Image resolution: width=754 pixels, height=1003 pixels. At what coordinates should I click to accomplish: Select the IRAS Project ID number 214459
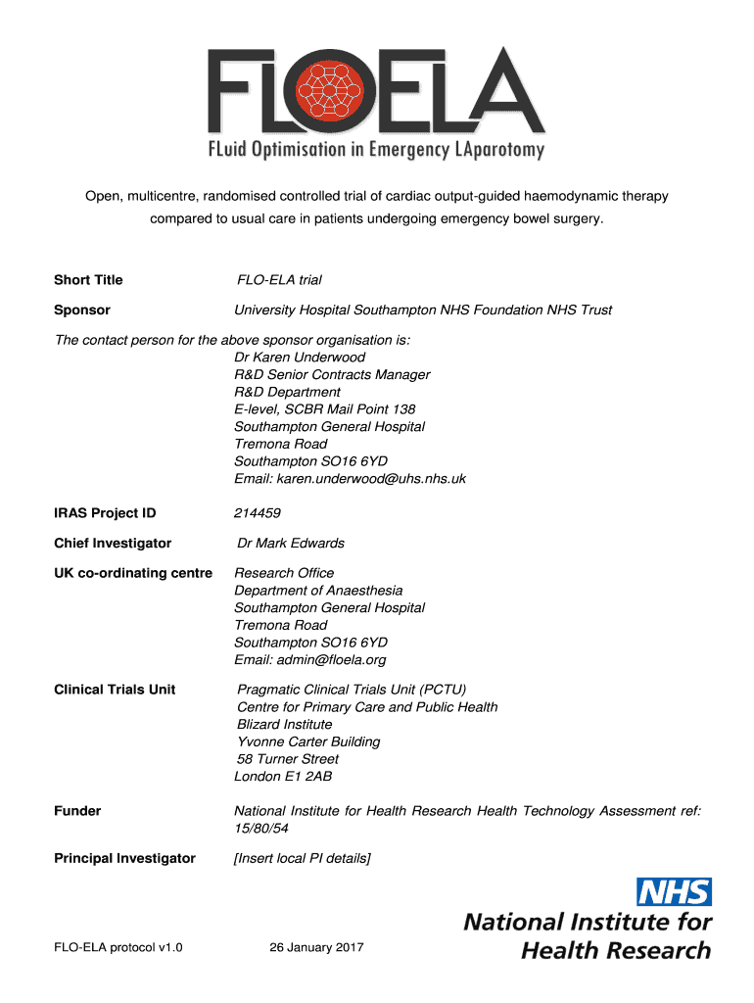tap(258, 513)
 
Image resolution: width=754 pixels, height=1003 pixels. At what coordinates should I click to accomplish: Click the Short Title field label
tap(88, 280)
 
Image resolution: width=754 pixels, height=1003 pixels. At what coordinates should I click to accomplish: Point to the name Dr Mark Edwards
tap(291, 543)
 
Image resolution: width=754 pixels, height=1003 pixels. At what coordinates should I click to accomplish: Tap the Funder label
tap(77, 811)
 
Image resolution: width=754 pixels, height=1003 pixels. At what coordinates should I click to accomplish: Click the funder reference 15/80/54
tap(261, 829)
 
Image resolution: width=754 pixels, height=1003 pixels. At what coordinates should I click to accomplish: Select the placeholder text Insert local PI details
tap(303, 858)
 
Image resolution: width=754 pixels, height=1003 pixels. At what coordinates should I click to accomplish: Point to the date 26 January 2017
tap(316, 948)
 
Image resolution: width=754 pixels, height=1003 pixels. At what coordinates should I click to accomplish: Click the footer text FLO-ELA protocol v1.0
tap(118, 948)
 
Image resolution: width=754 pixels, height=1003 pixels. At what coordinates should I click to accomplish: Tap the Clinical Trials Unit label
tap(115, 690)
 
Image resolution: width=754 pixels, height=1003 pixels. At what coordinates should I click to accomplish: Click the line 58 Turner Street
tap(288, 759)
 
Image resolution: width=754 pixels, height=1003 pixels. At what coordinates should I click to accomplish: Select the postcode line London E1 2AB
tap(283, 777)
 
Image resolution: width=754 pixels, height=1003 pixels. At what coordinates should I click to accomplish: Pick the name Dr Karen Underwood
tap(300, 358)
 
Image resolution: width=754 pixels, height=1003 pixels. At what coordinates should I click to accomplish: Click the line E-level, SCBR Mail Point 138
tap(325, 409)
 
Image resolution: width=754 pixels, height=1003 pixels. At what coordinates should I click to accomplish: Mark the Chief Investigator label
tap(113, 543)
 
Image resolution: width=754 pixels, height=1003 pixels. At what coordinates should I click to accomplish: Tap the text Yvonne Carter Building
tap(308, 741)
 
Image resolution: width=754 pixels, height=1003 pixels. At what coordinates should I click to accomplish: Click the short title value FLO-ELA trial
tap(280, 280)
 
